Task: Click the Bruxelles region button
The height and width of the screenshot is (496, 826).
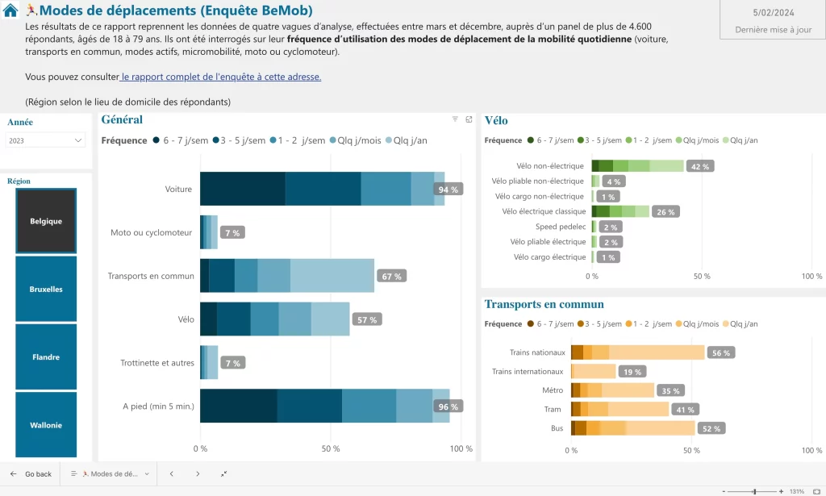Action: [46, 289]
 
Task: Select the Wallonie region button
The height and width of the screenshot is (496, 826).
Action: [46, 425]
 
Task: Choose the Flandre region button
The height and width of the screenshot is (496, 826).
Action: [46, 357]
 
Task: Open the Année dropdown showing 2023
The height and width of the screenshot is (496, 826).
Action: [46, 140]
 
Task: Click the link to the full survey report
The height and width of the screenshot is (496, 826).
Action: [221, 77]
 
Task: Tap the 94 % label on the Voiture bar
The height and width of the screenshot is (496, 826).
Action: [448, 190]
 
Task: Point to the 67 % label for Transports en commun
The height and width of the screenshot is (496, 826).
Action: [392, 276]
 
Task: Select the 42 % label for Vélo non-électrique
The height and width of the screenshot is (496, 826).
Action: [700, 166]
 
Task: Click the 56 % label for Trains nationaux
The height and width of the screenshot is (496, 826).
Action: [721, 352]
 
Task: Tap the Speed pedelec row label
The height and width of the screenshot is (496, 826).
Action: [561, 227]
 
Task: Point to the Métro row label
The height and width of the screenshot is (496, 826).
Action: [553, 390]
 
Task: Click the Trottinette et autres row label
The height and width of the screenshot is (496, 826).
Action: [157, 363]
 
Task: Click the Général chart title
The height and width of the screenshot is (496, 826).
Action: [121, 120]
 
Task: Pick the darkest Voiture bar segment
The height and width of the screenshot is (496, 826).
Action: [242, 189]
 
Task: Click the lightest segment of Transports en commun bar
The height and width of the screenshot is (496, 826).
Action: [332, 276]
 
